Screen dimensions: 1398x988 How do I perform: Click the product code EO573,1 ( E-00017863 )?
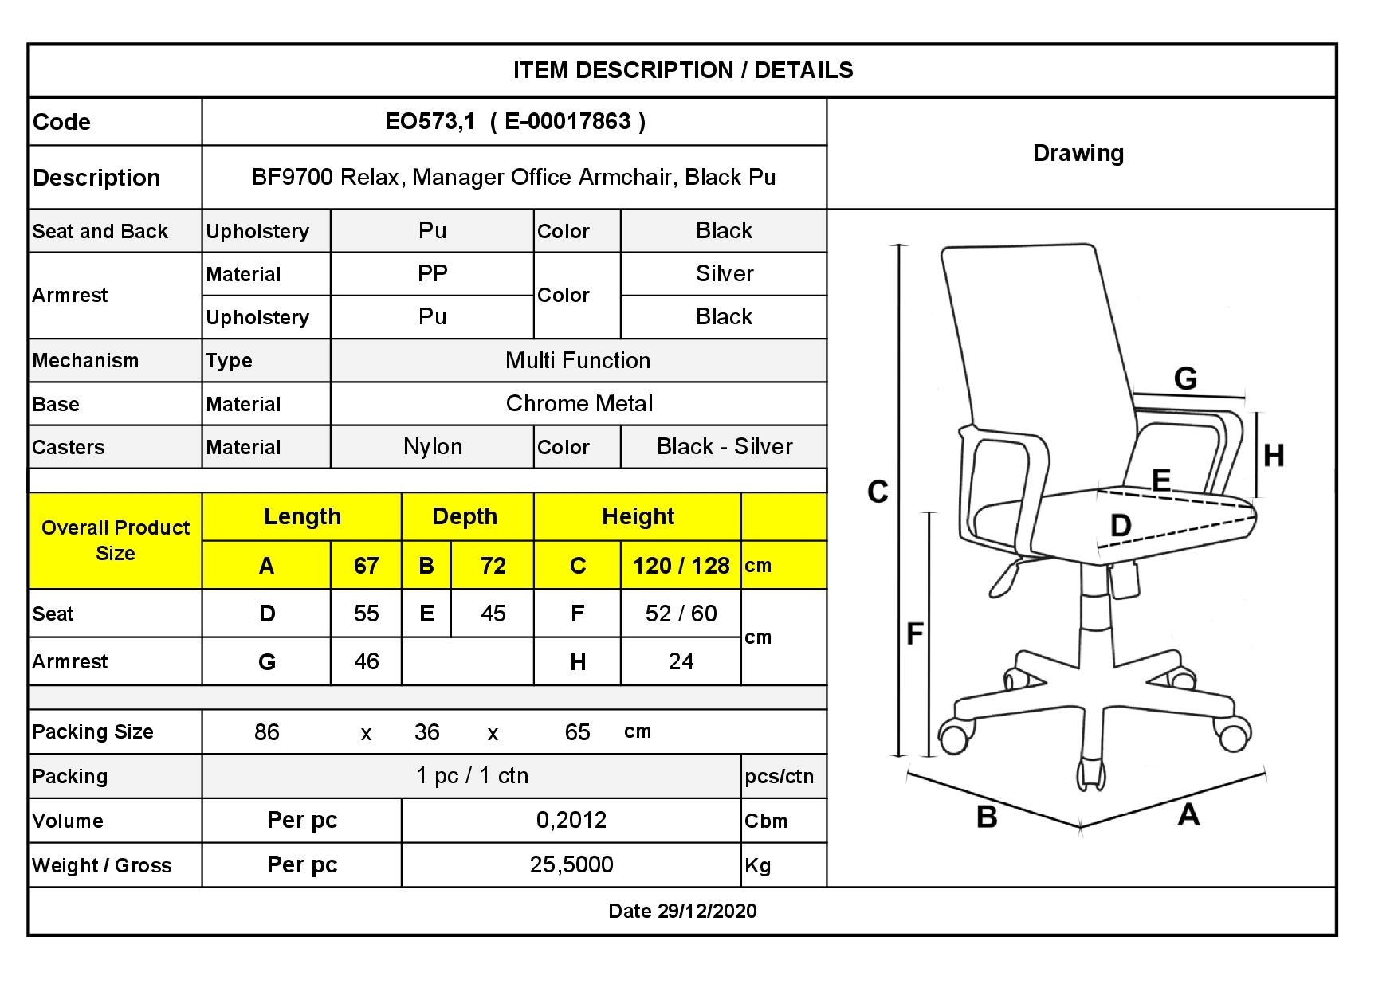pos(515,121)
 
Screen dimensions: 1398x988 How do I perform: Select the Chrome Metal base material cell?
pos(579,403)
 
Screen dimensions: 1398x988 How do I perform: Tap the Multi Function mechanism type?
pos(578,360)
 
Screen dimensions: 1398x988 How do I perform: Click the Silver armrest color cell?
pos(725,273)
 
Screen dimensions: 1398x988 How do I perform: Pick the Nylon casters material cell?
pos(433,446)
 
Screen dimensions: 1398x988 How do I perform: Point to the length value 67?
pos(366,566)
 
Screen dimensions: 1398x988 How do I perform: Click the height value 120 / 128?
pos(681,566)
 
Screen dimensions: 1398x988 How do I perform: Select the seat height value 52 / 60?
pos(681,614)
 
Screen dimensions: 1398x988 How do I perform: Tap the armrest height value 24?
pos(681,661)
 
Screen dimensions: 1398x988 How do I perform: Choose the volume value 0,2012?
pos(571,820)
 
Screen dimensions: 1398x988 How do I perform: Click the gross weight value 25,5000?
pos(571,864)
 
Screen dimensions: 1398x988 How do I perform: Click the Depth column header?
pos(465,516)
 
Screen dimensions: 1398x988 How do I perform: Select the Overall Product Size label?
pos(116,540)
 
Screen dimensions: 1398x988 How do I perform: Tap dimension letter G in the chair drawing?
pos(1186,378)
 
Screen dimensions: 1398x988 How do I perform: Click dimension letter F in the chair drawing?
pos(915,634)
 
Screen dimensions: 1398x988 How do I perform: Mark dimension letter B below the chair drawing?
pos(987,817)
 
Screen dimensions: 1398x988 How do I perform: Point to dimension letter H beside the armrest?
pos(1274,456)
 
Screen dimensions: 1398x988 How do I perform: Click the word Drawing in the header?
pos(1078,153)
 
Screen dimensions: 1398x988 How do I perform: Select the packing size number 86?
pos(267,732)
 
